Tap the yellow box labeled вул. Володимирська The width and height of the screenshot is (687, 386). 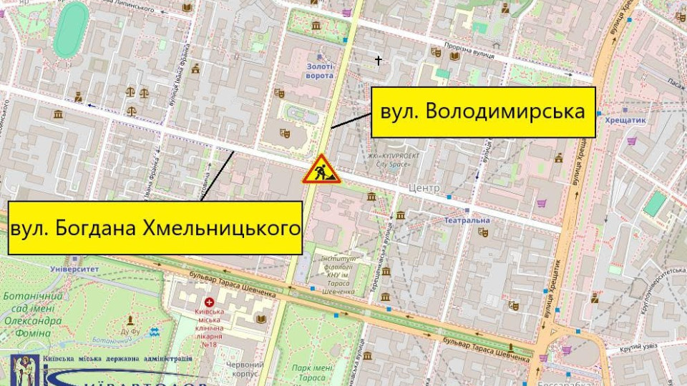(483, 111)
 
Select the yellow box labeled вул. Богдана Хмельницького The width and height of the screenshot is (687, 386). (155, 227)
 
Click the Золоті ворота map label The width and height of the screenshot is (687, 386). (315, 71)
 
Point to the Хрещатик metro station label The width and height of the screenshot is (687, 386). (625, 121)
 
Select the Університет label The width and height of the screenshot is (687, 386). (74, 269)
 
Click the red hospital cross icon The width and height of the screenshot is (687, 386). (210, 302)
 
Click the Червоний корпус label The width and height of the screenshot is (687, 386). (245, 368)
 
